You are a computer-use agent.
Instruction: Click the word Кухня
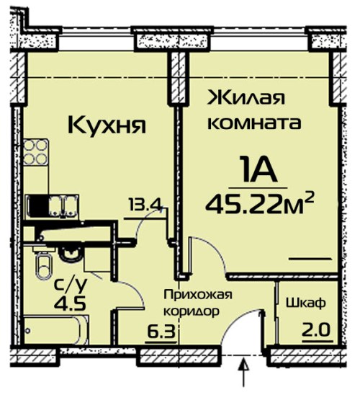pos(107,125)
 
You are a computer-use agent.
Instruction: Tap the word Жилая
pos(246,97)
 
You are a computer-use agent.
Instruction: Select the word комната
pos(254,123)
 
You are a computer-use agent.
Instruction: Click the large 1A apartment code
pos(258,168)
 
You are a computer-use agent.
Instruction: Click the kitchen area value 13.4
pos(145,206)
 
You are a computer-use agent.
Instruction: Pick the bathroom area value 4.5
pos(71,303)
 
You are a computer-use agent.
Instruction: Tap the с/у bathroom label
pos(71,285)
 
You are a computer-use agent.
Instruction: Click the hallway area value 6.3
pos(161,332)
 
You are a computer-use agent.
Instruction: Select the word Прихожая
pos(198,295)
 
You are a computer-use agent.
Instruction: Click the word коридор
pos(192,312)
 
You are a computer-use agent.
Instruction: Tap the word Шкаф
pos(306,303)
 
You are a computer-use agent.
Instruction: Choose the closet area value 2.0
pos(316,330)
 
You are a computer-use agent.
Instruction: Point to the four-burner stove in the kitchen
pos(36,151)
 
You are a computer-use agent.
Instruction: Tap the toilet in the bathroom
pos(44,265)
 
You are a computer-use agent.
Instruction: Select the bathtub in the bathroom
pos(56,329)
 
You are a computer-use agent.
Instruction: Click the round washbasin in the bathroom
pos(70,253)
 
